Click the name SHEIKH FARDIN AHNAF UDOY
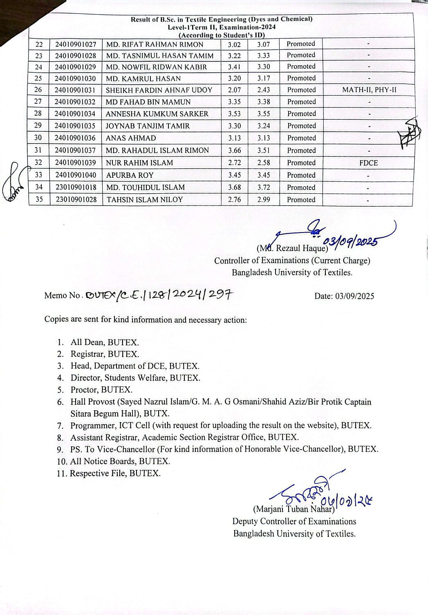[x=159, y=90]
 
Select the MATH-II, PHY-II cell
[x=369, y=90]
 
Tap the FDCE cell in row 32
[x=368, y=163]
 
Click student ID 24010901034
[x=75, y=114]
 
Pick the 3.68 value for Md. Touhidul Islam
[x=234, y=188]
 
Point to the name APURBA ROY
[x=130, y=175]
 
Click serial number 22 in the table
[x=39, y=45]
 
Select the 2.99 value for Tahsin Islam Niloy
[x=264, y=200]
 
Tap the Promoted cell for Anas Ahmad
[x=301, y=138]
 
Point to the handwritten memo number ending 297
[x=159, y=295]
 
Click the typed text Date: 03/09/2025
[x=344, y=296]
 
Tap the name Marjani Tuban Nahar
[x=294, y=509]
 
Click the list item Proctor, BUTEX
[x=101, y=390]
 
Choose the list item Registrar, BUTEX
[x=105, y=354]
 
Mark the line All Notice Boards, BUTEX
[x=120, y=461]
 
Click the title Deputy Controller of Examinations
[x=294, y=521]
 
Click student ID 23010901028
[x=76, y=200]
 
